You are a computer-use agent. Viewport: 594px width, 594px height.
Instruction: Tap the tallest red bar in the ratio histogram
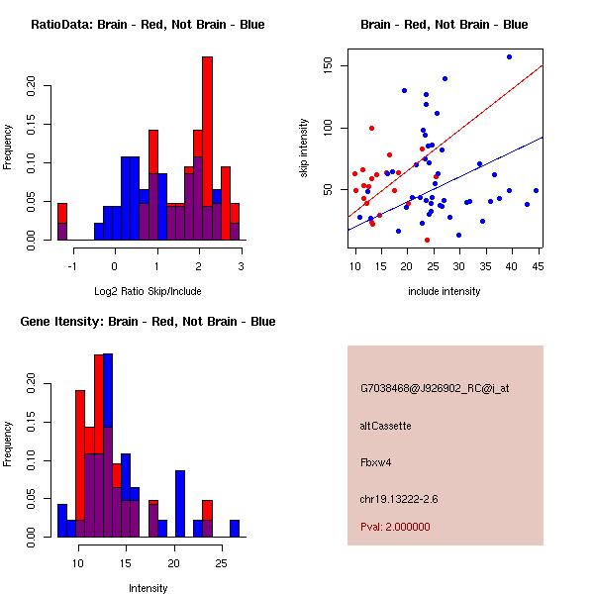[x=208, y=148]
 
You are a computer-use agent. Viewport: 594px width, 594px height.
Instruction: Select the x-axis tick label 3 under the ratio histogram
[x=241, y=266]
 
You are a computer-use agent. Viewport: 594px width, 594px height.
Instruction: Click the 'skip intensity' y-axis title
[x=305, y=148]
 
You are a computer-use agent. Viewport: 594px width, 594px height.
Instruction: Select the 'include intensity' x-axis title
[x=444, y=292]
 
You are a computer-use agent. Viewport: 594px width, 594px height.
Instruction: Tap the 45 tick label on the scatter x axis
[x=537, y=265]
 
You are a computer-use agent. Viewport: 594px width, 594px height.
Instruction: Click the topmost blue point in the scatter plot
[x=509, y=57]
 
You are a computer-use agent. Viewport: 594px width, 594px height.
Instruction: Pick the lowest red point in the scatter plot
[x=427, y=240]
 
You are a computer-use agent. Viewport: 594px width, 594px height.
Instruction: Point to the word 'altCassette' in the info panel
[x=385, y=426]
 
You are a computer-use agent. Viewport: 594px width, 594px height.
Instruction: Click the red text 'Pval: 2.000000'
[x=395, y=527]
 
